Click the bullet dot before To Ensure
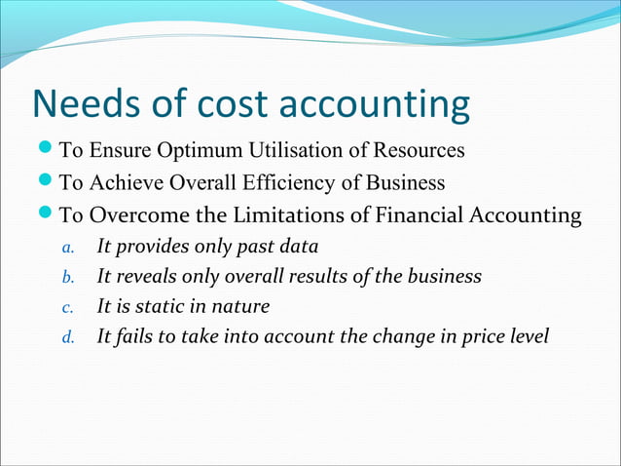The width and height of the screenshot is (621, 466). [x=47, y=151]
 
